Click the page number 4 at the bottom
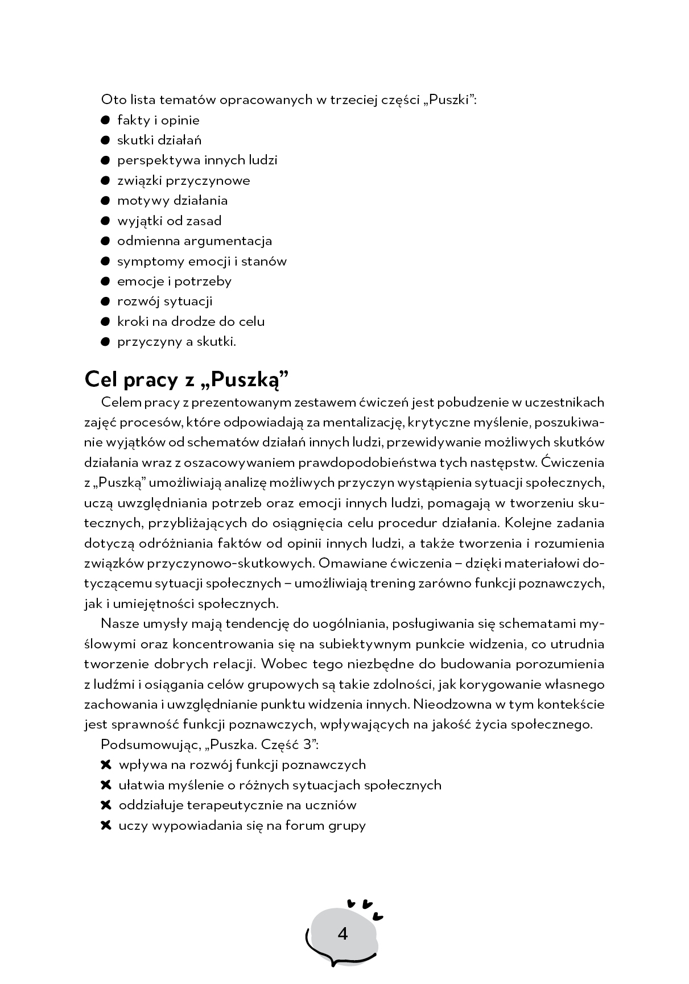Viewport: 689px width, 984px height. pos(343,934)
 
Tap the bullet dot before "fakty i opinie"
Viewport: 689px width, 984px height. pos(105,120)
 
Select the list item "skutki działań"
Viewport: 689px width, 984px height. pos(159,140)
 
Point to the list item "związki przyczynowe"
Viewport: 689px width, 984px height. pos(183,180)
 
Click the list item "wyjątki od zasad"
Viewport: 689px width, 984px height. pos(169,221)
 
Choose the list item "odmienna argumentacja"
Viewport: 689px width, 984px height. pos(195,241)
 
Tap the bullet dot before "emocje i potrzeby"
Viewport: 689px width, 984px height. pos(105,281)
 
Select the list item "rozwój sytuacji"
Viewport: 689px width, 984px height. pos(164,301)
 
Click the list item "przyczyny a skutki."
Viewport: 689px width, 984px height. pos(176,341)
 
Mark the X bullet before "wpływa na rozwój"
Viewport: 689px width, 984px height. pos(105,764)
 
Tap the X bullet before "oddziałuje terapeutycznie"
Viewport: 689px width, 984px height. pos(105,805)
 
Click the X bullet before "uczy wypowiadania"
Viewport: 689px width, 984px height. pos(105,825)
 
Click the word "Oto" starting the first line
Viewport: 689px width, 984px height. pos(111,100)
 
